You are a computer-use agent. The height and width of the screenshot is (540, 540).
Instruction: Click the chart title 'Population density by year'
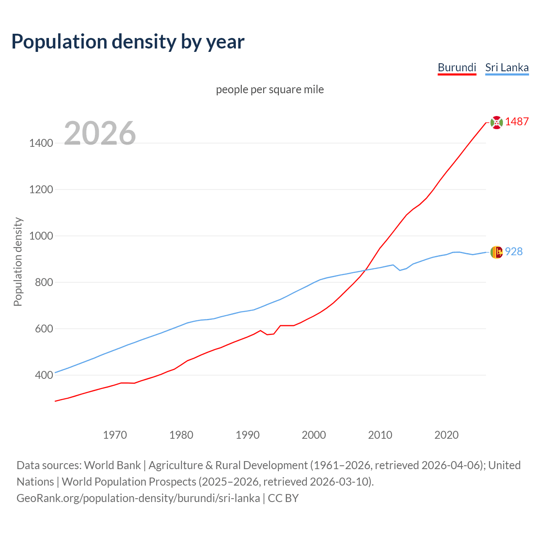(x=128, y=42)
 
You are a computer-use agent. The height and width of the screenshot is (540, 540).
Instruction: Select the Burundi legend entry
(x=457, y=67)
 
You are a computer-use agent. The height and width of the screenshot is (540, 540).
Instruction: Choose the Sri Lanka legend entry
(x=507, y=67)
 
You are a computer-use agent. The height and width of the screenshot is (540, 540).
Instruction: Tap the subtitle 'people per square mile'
(x=270, y=89)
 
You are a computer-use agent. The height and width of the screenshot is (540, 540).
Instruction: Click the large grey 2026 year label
(x=100, y=133)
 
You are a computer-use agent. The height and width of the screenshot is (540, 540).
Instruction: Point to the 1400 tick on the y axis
(x=41, y=143)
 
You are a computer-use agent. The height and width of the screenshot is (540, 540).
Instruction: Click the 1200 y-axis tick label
(x=41, y=190)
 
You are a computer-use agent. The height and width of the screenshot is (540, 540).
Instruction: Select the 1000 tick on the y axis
(x=41, y=236)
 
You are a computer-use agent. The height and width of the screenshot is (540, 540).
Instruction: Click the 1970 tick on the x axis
(x=115, y=435)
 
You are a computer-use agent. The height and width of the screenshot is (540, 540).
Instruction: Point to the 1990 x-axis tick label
(x=248, y=435)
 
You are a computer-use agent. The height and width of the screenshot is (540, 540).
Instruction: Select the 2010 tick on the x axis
(x=380, y=435)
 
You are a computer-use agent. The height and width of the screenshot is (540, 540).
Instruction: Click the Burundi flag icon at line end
(x=497, y=122)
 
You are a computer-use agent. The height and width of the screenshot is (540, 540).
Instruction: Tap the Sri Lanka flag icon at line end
(x=497, y=252)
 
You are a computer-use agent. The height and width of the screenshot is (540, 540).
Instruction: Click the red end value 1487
(x=517, y=122)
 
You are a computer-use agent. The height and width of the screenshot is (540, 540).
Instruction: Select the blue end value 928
(x=514, y=252)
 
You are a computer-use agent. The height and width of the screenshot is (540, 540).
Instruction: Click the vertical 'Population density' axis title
(x=18, y=262)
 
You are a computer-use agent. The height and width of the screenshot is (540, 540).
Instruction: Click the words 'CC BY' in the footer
(x=283, y=498)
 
